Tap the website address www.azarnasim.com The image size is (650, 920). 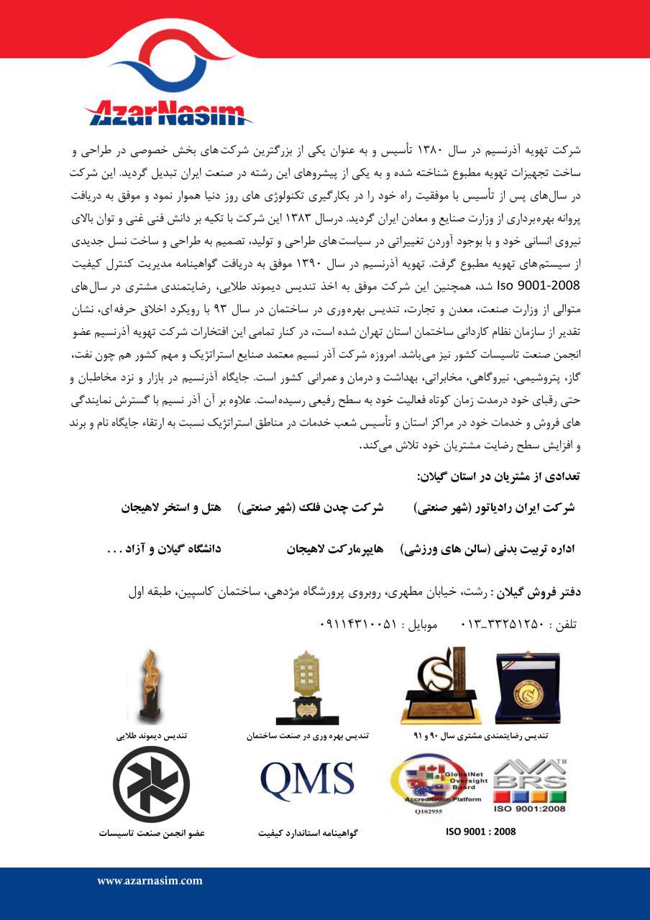(150, 880)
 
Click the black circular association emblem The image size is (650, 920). (152, 784)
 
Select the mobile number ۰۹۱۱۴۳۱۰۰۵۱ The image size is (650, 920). (357, 625)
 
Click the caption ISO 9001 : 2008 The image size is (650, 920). (481, 832)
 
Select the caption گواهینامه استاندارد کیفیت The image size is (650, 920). (308, 834)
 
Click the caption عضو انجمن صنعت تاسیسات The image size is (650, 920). (152, 833)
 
